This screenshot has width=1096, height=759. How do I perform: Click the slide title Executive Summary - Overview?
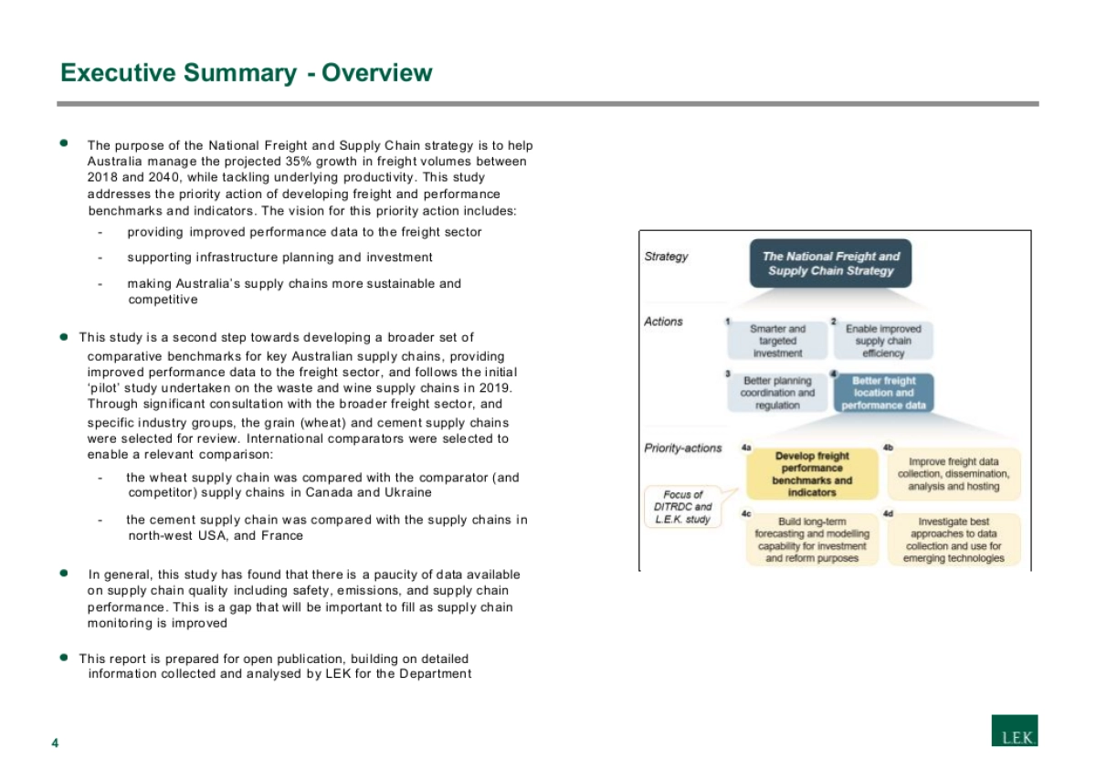click(246, 73)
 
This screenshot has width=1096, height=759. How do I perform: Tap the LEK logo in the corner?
click(1015, 730)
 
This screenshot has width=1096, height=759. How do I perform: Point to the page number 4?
click(55, 743)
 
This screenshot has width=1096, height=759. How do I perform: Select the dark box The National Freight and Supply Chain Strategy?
click(831, 264)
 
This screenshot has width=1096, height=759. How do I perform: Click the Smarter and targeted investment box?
click(777, 341)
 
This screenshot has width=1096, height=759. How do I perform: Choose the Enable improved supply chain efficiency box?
click(883, 341)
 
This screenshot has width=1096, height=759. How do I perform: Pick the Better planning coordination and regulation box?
click(777, 393)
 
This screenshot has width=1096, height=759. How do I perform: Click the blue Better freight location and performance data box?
click(883, 393)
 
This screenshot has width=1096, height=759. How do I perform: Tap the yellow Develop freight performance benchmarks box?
click(812, 474)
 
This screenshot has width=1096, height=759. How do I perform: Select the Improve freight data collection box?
click(954, 474)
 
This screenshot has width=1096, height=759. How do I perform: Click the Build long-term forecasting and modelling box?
click(812, 540)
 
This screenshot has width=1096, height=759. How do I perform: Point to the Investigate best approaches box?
click(954, 540)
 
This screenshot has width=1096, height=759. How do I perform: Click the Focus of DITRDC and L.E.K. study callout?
click(683, 507)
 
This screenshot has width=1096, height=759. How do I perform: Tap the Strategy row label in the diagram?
click(667, 257)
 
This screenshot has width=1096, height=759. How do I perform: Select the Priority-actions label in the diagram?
click(683, 448)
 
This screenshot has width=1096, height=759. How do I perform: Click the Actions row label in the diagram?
click(663, 322)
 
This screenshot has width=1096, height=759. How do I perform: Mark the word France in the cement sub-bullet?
click(284, 536)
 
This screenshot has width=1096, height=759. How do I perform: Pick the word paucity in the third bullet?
click(395, 575)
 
